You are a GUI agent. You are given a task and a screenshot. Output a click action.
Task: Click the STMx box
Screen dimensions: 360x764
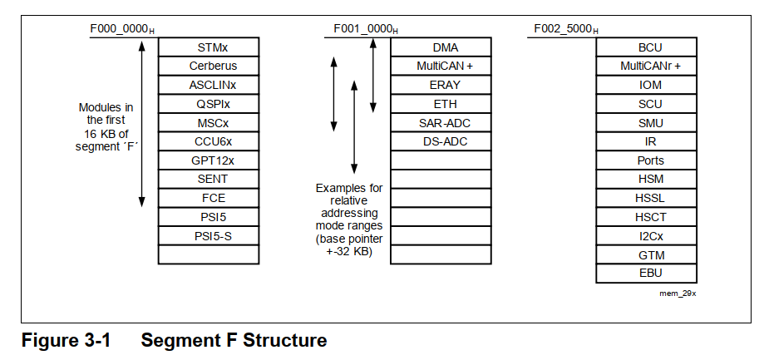click(x=213, y=47)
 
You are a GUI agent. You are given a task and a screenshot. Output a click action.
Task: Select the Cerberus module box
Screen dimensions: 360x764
click(x=213, y=66)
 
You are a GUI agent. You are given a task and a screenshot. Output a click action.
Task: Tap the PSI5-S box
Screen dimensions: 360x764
click(x=213, y=236)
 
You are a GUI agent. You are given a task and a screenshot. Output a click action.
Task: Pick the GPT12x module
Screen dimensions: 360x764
click(x=213, y=160)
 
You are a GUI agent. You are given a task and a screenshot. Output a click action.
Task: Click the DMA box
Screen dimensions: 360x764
click(x=446, y=47)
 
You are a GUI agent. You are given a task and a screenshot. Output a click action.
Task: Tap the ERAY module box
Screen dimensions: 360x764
click(x=446, y=85)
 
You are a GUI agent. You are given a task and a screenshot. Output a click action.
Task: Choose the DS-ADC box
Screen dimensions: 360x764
click(x=446, y=141)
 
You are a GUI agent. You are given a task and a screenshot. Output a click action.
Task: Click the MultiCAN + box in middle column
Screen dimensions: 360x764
click(x=446, y=66)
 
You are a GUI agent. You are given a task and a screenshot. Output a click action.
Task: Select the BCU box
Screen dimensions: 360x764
click(x=650, y=47)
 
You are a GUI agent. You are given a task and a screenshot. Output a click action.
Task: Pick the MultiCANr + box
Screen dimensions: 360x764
click(x=650, y=66)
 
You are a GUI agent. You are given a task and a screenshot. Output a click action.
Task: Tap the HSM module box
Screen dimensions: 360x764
click(x=650, y=179)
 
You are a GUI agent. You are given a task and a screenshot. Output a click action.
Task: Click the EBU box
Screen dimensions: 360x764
click(x=650, y=273)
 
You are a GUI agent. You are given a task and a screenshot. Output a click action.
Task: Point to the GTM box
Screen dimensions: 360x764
click(x=650, y=254)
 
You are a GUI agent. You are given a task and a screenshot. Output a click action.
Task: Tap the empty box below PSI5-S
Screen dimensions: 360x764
click(x=213, y=254)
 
